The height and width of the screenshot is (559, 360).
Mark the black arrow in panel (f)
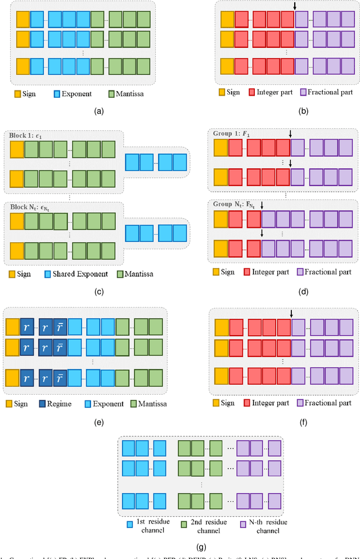[x=291, y=314]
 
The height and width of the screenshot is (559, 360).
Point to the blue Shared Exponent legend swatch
[x=49, y=274]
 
